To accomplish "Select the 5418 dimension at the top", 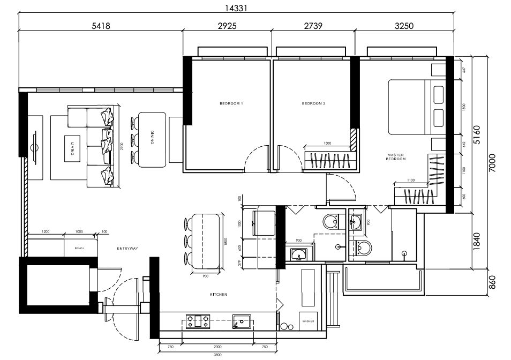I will click(x=101, y=26).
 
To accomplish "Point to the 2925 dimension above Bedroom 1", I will click(x=227, y=26).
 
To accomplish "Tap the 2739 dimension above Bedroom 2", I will click(x=313, y=26).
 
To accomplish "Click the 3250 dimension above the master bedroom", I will click(x=403, y=26).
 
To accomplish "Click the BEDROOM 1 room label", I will click(x=231, y=103).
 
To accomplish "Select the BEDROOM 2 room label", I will click(x=313, y=103).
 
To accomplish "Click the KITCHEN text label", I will click(x=219, y=295).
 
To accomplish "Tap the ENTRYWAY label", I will click(x=127, y=249).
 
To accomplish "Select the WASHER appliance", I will click(x=308, y=321).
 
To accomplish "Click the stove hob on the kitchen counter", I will click(x=198, y=322).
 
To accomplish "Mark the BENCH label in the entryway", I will click(x=80, y=249).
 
